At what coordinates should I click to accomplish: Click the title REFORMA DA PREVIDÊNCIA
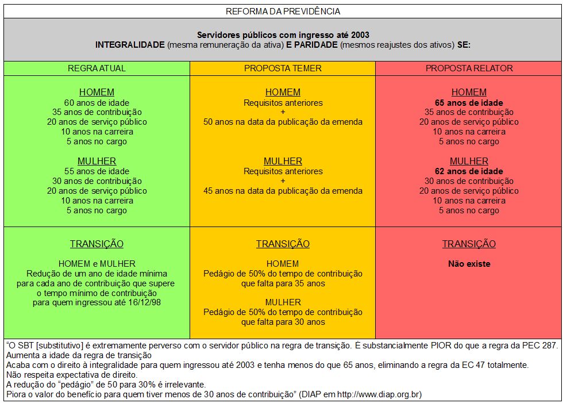[283, 11]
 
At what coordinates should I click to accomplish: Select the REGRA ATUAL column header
[97, 68]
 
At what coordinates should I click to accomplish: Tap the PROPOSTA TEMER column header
[283, 68]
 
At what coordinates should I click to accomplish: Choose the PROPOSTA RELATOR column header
[469, 68]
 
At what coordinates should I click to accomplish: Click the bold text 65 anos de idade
[469, 102]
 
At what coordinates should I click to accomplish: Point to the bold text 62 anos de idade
[469, 171]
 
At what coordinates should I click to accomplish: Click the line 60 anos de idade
[97, 102]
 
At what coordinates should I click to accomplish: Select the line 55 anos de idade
[97, 171]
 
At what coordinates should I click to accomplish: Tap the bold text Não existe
[469, 264]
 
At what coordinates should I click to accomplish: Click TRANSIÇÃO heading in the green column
[97, 244]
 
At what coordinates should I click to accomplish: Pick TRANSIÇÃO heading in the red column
[469, 244]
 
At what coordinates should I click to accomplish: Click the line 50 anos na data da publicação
[283, 122]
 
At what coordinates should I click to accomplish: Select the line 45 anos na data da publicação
[283, 191]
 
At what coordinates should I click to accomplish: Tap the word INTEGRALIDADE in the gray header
[130, 45]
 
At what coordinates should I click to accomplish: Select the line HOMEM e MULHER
[97, 264]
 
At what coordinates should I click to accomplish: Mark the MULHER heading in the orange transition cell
[283, 302]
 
